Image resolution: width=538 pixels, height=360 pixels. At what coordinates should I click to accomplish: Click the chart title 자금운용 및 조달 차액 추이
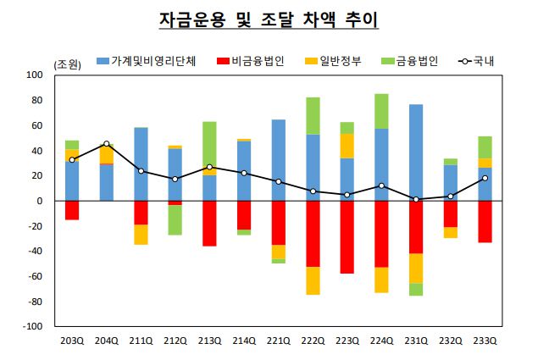(x=269, y=18)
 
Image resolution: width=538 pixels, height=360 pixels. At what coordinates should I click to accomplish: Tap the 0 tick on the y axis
(x=39, y=202)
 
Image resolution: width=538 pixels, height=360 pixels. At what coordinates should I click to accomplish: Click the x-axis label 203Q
(x=72, y=341)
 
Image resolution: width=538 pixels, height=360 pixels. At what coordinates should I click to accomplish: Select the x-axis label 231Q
(x=416, y=341)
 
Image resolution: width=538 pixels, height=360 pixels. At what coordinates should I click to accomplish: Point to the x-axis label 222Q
(x=313, y=341)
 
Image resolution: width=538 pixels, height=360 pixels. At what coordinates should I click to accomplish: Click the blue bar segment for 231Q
(x=416, y=152)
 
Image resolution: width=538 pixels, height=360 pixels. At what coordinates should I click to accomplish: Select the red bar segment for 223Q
(x=347, y=237)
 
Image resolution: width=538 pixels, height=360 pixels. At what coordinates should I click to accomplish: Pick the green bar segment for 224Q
(x=381, y=111)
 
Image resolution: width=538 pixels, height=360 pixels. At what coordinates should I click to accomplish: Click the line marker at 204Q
(x=107, y=144)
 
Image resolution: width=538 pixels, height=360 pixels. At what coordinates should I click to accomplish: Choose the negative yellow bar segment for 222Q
(x=313, y=280)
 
